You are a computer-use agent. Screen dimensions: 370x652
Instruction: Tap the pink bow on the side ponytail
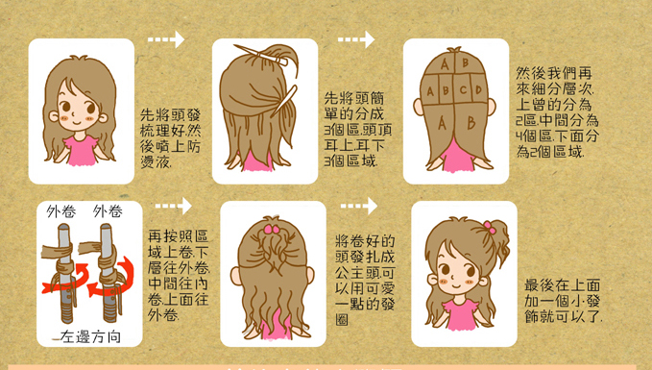point(490,228)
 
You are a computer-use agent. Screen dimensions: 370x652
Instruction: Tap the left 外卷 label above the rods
point(60,211)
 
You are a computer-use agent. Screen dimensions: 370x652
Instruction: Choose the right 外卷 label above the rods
point(108,211)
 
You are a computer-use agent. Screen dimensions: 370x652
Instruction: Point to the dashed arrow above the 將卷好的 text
point(357,206)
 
